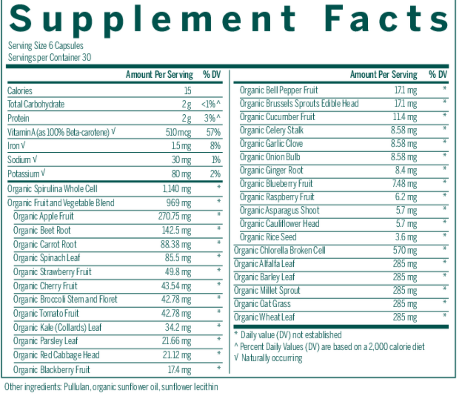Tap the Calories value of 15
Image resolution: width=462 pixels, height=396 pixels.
187,91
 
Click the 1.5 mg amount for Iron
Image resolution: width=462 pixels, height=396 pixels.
181,147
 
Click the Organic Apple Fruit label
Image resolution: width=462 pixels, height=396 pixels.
43,217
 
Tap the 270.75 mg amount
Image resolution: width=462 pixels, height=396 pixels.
175,217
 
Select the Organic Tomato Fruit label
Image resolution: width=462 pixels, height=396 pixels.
46,314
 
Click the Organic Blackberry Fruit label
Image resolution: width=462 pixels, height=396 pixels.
52,370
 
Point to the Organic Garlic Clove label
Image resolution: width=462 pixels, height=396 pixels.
271,143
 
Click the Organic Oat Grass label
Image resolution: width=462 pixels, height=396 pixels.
262,304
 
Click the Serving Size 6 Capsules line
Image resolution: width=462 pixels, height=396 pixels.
46,46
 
